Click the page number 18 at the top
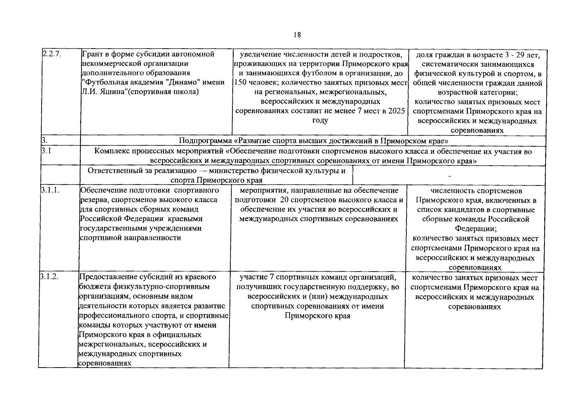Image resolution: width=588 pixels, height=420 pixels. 297,35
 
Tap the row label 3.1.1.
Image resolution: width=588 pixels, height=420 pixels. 49,190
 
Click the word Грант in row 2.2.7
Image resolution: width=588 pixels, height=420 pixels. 92,54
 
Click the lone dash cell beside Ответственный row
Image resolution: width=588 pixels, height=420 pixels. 449,175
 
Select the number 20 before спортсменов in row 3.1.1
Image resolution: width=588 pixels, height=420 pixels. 285,200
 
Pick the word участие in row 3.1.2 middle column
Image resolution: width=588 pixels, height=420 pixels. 252,277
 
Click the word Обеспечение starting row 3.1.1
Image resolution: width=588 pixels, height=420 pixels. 103,190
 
